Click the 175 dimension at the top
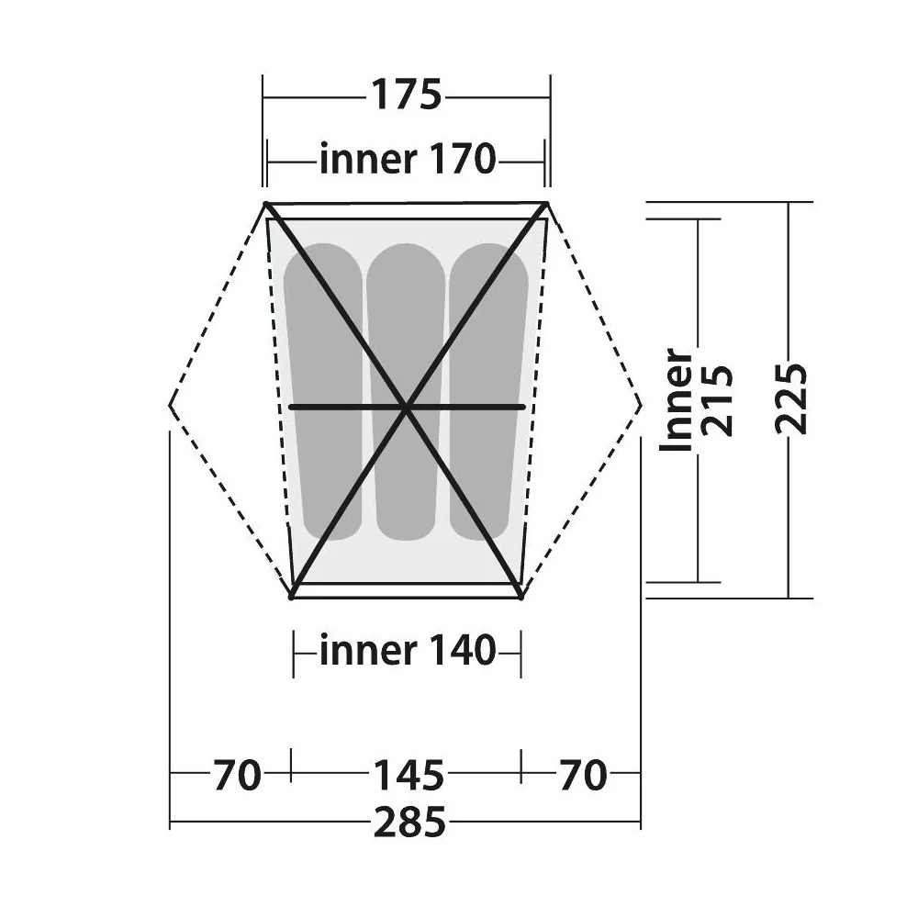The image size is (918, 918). coord(407,95)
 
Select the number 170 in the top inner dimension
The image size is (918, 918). coord(463,159)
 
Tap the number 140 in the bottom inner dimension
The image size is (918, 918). coord(463,651)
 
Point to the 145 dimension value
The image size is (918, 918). coord(409,775)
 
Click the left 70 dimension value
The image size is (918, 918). coord(236,775)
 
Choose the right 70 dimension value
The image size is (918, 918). coord(583,775)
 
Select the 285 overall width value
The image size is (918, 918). coord(409,823)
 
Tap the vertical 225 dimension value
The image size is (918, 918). coord(791,398)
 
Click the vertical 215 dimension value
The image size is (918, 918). coord(717,400)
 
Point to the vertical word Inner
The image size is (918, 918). coord(676,400)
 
